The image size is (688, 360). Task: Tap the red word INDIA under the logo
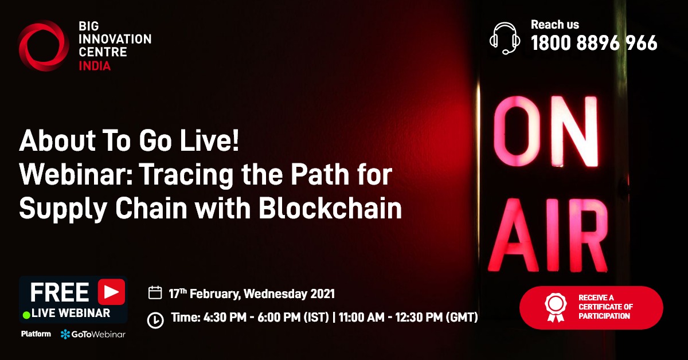pos(95,66)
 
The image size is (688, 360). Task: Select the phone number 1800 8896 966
pos(594,43)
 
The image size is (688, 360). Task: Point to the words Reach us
pos(554,25)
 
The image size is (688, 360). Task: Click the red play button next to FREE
pos(111,292)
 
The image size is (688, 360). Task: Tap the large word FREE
pos(59,292)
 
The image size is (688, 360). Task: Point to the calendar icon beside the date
pos(155,293)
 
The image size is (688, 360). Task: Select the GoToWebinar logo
pos(93,334)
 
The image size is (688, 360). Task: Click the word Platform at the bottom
pos(36,334)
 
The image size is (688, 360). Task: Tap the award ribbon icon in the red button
pos(554,307)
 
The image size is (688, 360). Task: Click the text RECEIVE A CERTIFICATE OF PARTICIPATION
pos(605,307)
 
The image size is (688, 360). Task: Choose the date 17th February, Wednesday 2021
pos(252,294)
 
